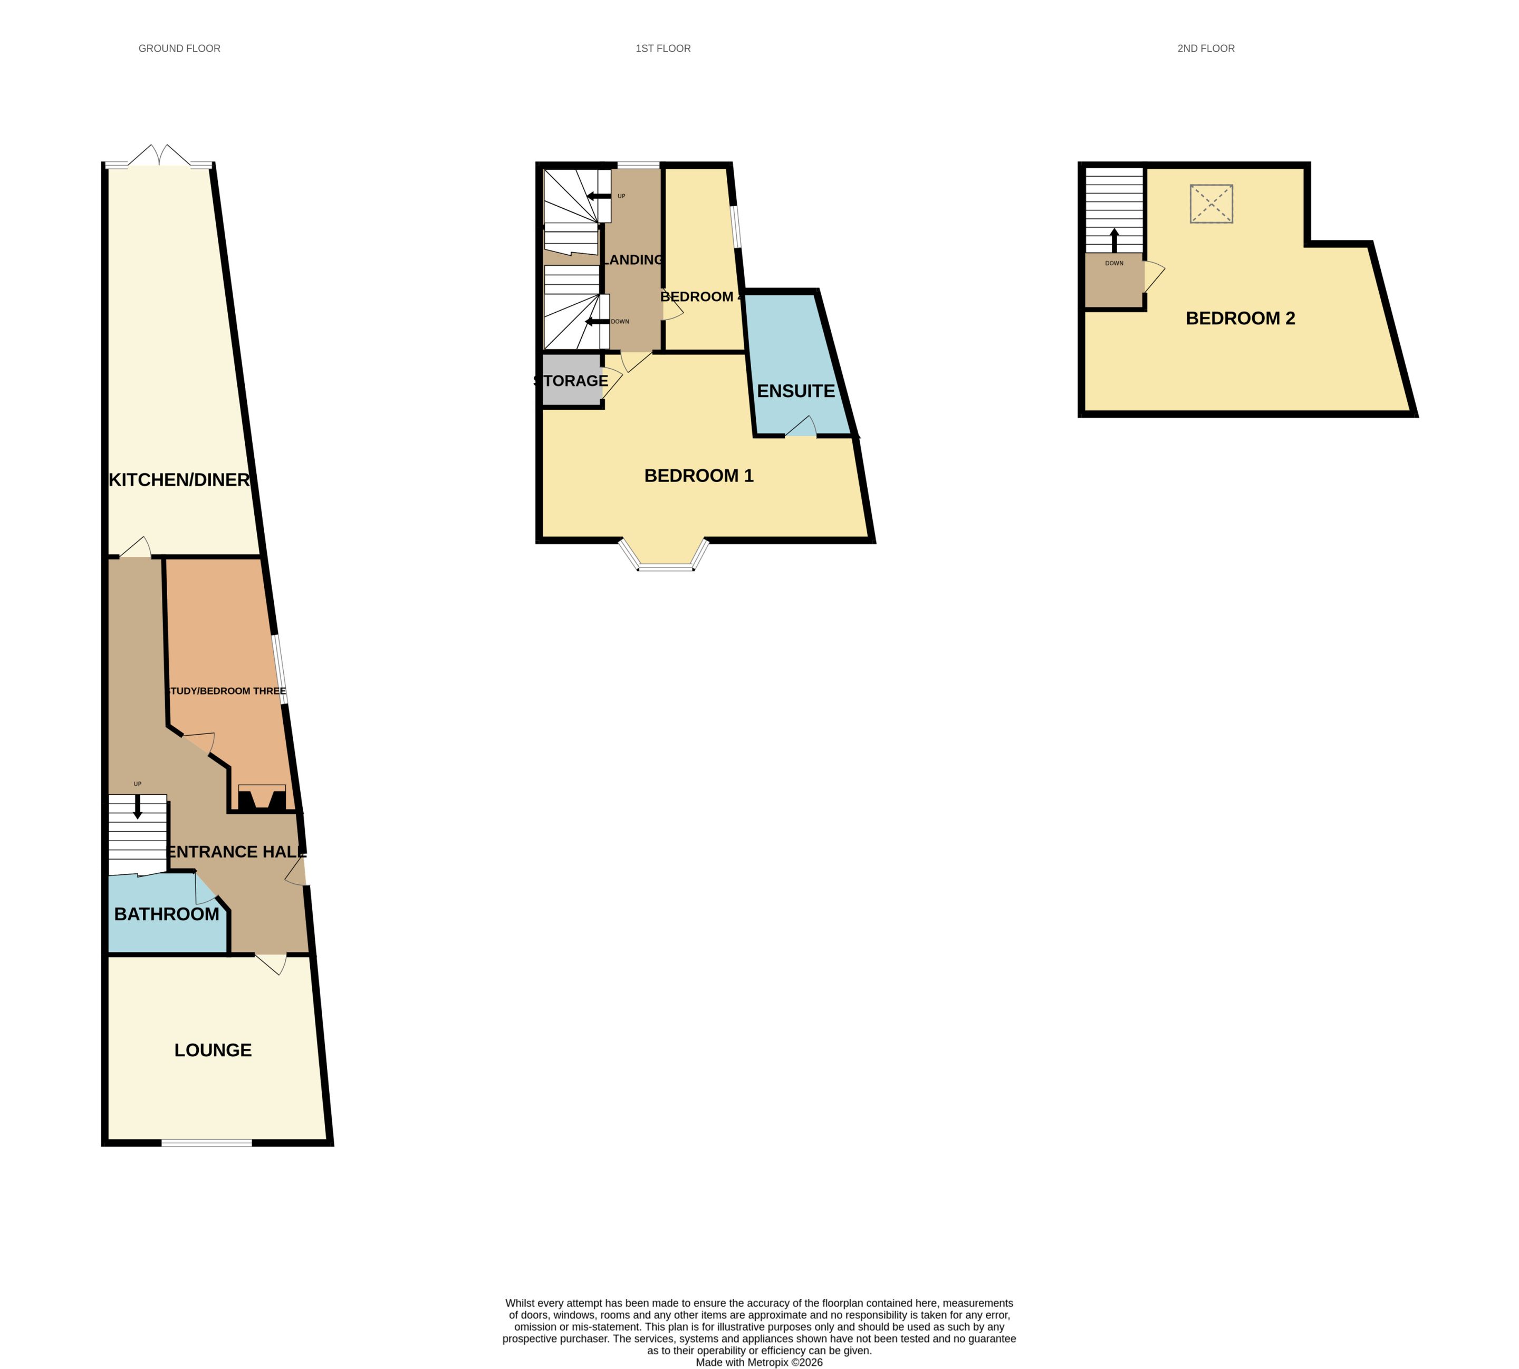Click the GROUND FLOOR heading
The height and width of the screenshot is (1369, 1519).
[179, 48]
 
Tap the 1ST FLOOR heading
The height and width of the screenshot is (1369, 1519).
[663, 48]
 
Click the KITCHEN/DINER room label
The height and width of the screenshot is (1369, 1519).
[179, 479]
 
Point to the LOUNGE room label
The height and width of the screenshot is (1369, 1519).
[213, 1050]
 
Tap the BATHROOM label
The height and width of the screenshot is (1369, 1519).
[166, 914]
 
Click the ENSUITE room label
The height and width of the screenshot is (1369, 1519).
[795, 391]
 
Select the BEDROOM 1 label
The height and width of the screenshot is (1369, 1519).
[699, 475]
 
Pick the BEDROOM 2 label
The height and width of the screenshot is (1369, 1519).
[1240, 318]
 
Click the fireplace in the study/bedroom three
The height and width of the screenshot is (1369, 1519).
[262, 798]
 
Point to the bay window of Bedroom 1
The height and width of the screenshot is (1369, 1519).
[665, 557]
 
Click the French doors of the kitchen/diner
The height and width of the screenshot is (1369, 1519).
[159, 156]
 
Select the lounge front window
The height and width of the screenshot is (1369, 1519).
[206, 1143]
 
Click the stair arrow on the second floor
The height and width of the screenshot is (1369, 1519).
[1114, 240]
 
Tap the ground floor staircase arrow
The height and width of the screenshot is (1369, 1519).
[138, 806]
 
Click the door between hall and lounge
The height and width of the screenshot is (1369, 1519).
[272, 963]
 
